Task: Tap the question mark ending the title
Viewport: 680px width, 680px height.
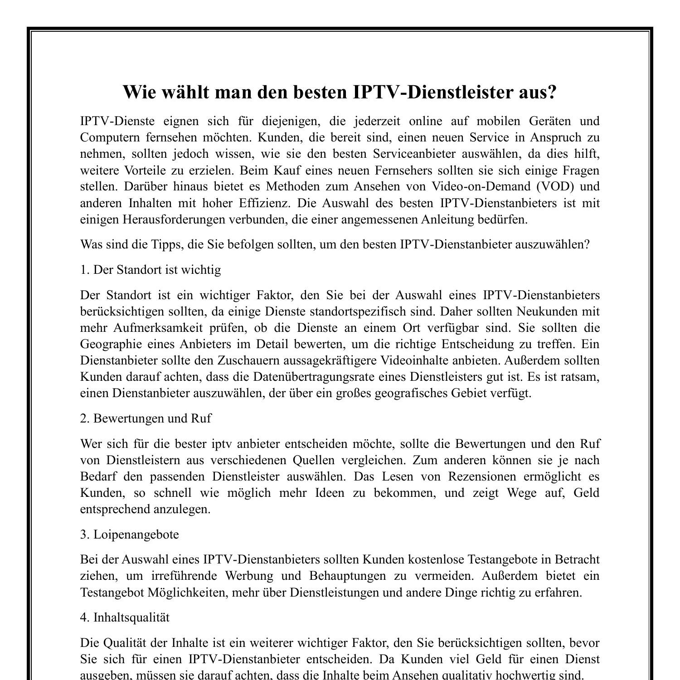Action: (552, 92)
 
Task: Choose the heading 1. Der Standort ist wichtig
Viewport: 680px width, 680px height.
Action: (151, 270)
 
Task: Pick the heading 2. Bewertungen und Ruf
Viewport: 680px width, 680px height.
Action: (146, 418)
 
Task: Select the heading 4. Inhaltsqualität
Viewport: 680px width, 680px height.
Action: (125, 617)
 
